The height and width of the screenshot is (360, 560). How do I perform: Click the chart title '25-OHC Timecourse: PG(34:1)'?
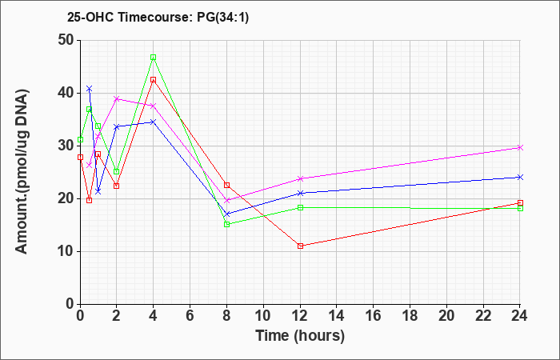[158, 18]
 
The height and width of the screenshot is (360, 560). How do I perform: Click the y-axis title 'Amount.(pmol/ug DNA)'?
[22, 171]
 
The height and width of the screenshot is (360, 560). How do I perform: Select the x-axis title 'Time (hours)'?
[300, 336]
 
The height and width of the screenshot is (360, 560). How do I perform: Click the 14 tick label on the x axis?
[337, 316]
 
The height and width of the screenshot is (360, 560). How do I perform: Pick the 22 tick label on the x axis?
[483, 316]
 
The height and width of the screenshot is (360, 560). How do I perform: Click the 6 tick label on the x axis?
[190, 316]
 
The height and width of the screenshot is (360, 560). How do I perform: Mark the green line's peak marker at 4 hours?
[154, 58]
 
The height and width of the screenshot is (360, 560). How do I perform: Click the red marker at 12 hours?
[300, 246]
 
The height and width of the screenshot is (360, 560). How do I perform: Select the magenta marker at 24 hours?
[520, 147]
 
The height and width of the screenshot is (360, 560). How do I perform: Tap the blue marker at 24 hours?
[520, 177]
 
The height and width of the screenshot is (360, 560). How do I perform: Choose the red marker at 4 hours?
[154, 80]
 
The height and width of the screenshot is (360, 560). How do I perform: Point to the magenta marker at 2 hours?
[117, 99]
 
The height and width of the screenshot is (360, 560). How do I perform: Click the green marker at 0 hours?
[80, 139]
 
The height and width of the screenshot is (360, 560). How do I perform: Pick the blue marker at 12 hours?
[300, 194]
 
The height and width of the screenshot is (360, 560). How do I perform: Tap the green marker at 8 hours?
[226, 224]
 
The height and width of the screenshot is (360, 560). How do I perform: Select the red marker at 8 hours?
[226, 185]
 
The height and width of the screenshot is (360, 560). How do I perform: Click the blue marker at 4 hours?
[154, 122]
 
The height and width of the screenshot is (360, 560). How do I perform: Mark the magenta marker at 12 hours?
[300, 178]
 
